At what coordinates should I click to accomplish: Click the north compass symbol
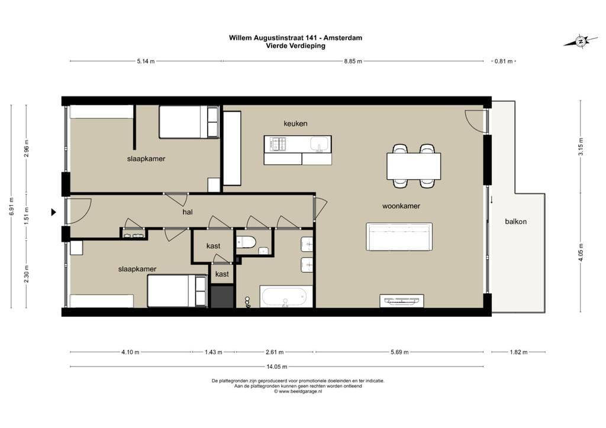tap(580, 41)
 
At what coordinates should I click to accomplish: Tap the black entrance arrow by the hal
tap(54, 212)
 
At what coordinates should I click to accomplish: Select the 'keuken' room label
tap(295, 124)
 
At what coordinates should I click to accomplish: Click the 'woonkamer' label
tap(401, 206)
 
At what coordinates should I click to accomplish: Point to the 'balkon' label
tap(515, 222)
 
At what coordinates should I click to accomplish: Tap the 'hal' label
tap(188, 212)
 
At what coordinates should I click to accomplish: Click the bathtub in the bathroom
tap(286, 296)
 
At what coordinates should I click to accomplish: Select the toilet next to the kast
tap(246, 242)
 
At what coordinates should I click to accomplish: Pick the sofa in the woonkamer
tap(399, 236)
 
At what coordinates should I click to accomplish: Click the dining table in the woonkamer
tap(414, 166)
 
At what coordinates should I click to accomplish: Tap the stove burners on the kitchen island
tap(278, 144)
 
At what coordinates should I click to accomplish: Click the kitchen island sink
tap(319, 144)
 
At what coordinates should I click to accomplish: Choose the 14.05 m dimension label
tap(277, 367)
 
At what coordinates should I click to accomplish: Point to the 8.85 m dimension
tap(353, 61)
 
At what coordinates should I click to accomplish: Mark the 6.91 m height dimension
tap(11, 206)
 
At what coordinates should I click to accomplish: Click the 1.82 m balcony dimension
tap(518, 352)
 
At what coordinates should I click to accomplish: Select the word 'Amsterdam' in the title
tap(343, 38)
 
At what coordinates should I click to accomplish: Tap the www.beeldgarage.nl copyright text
tap(298, 391)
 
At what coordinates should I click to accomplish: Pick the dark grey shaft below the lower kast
tap(223, 296)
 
